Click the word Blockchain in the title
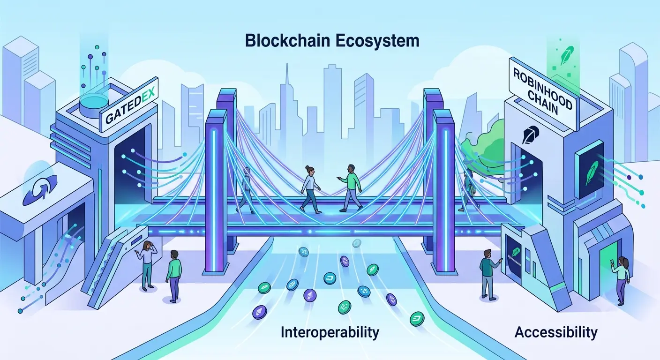tap(287, 41)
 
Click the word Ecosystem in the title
tap(377, 41)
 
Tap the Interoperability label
tap(330, 333)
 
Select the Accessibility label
tap(556, 333)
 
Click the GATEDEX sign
tap(130, 106)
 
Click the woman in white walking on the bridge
tap(310, 189)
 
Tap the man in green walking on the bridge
tap(351, 187)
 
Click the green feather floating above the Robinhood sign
tap(567, 56)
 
